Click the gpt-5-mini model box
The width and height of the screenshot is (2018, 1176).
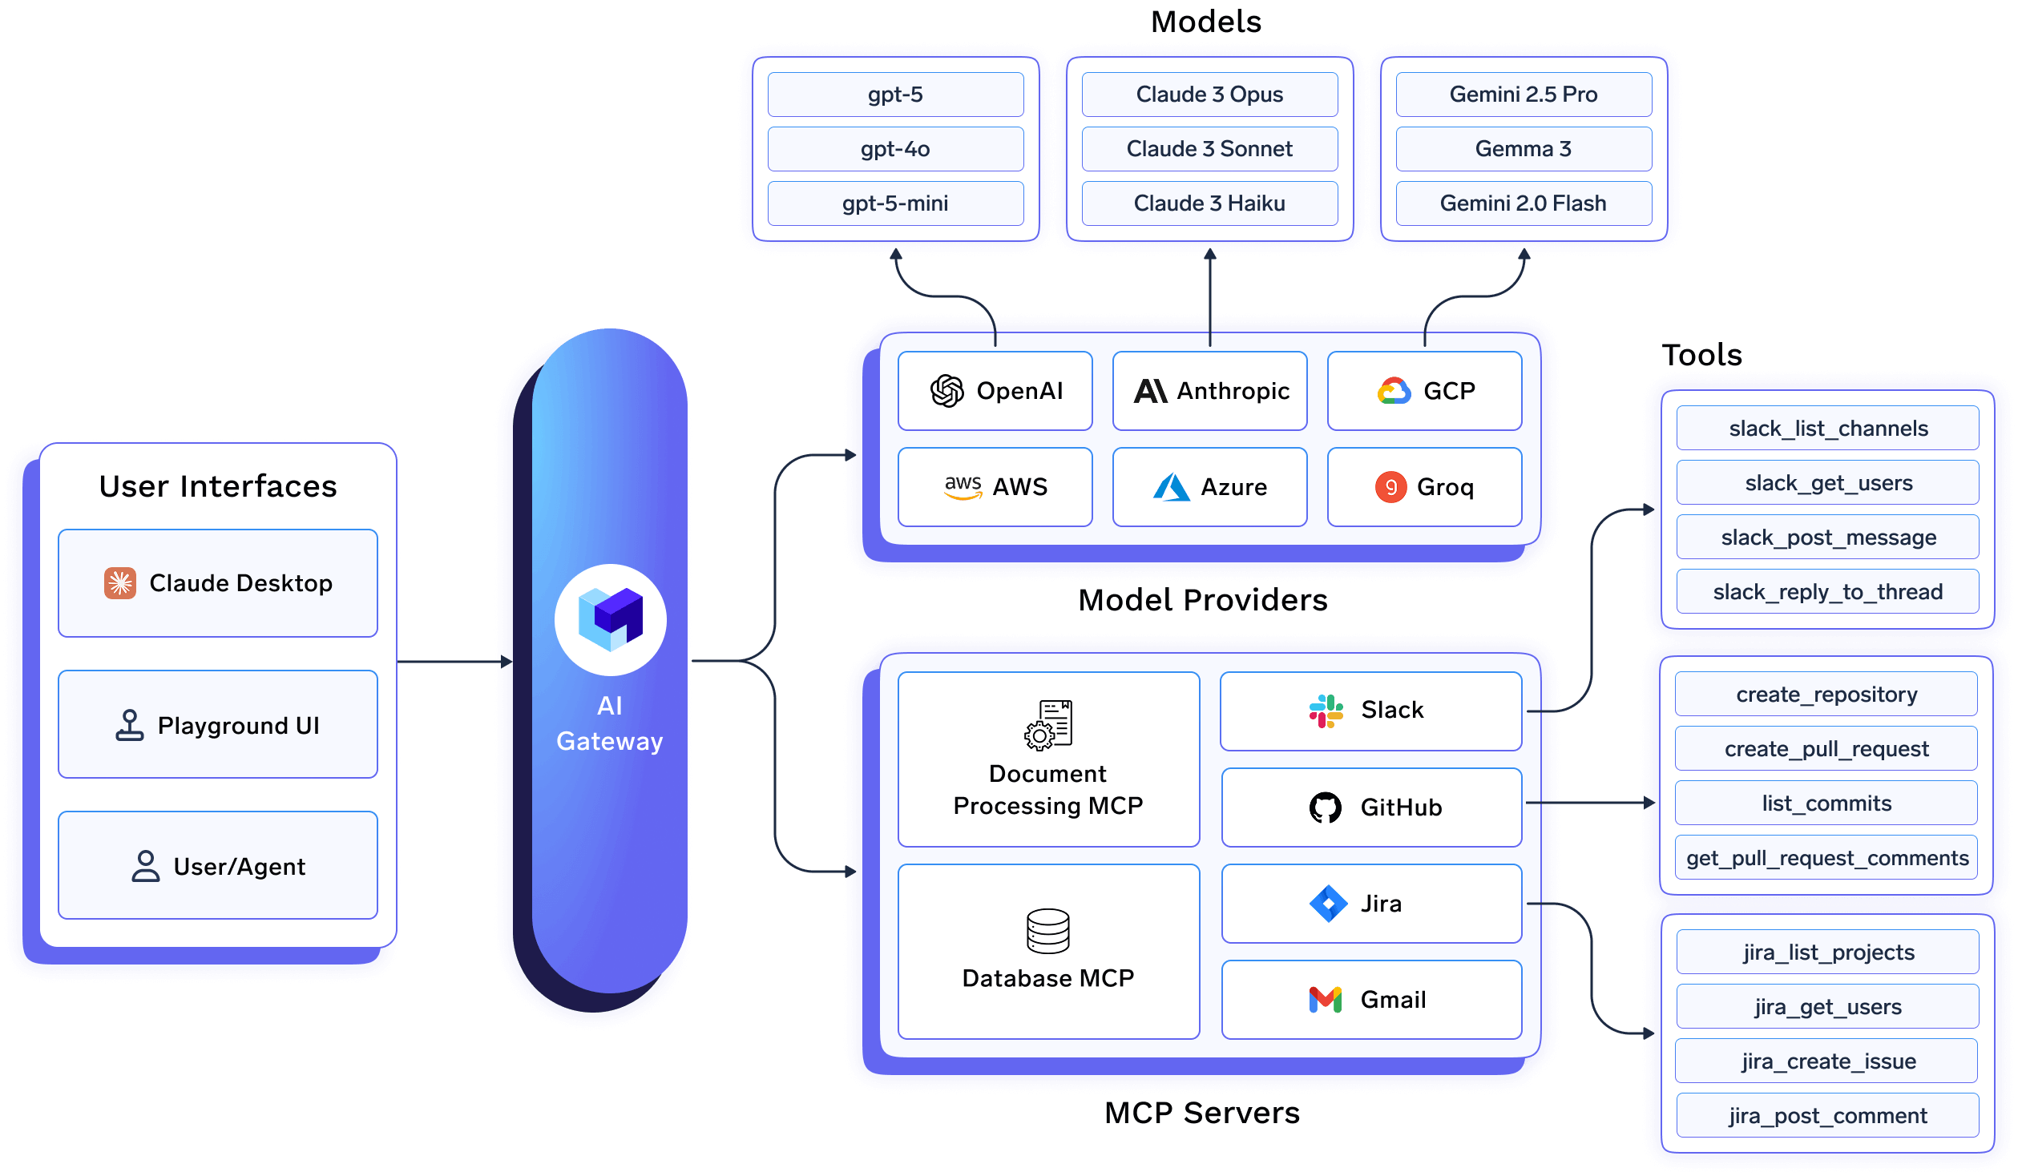[895, 203]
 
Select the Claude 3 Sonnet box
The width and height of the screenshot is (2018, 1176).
[1209, 149]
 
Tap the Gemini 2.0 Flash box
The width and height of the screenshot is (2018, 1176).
[1523, 203]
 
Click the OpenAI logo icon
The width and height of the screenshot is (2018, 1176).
[946, 391]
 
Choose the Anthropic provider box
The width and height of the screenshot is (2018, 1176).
[1209, 391]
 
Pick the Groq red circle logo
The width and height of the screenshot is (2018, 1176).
[1390, 487]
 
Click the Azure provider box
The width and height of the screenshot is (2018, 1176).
[1209, 487]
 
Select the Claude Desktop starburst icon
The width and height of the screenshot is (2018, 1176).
[120, 583]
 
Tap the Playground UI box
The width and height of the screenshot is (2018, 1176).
[218, 724]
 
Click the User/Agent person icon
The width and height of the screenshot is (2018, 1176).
[145, 866]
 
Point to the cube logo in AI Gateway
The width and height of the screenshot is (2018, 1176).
[611, 619]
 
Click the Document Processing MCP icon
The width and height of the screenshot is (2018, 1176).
[1048, 724]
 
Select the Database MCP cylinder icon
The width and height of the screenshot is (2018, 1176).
[1048, 931]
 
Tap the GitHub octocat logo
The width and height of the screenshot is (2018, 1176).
[1325, 807]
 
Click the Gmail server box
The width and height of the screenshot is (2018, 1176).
[1371, 1000]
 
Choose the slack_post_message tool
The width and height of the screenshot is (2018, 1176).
[1827, 538]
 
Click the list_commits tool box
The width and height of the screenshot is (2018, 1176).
[1826, 803]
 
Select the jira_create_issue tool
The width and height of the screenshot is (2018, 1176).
[1827, 1061]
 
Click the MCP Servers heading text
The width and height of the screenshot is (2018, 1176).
[1201, 1113]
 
